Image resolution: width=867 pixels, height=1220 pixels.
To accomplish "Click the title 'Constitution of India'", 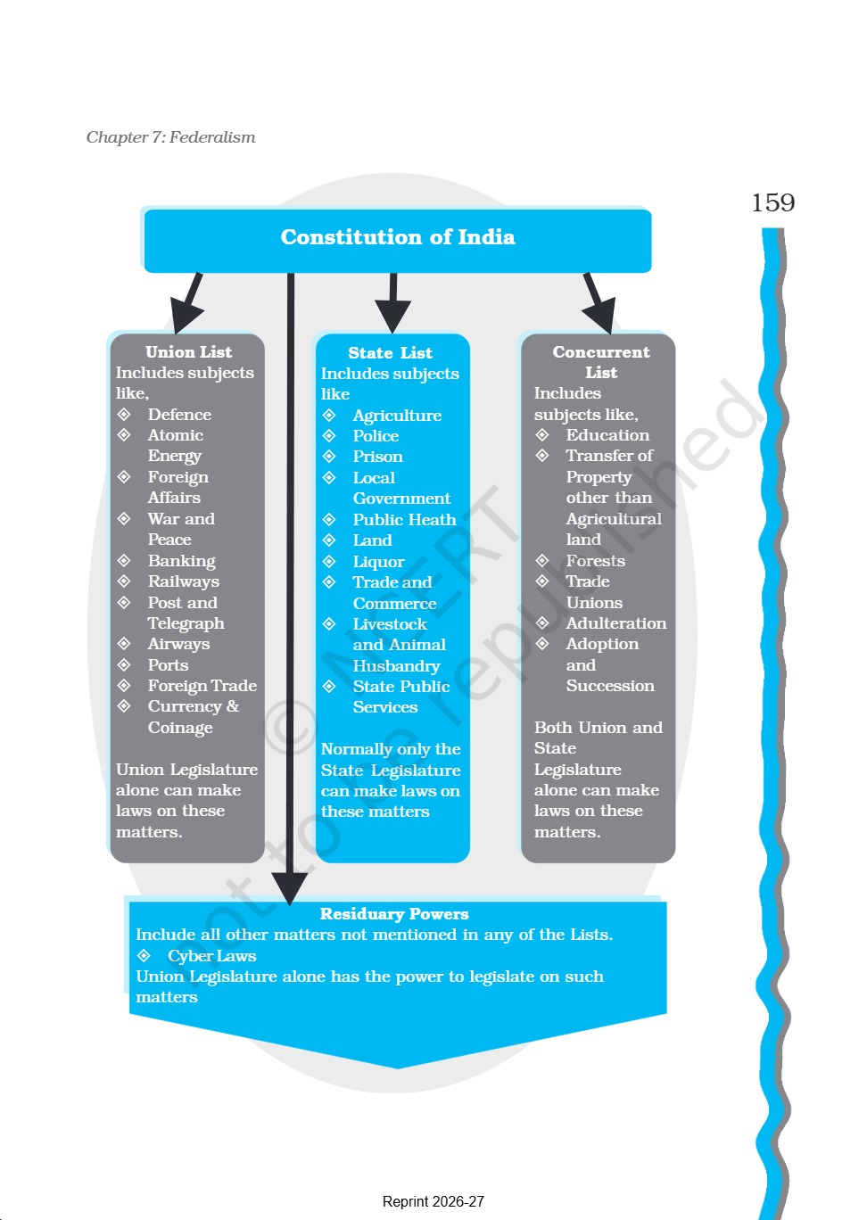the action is pyautogui.click(x=398, y=237).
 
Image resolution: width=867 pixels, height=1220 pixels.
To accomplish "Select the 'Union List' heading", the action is pyautogui.click(x=188, y=352).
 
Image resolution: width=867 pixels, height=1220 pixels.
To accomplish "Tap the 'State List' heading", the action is pyautogui.click(x=391, y=353).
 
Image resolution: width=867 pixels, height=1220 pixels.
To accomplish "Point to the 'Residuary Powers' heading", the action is pyautogui.click(x=394, y=913).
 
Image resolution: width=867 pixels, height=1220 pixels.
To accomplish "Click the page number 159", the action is pyautogui.click(x=772, y=202).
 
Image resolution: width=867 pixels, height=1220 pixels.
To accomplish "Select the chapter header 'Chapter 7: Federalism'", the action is pyautogui.click(x=170, y=137).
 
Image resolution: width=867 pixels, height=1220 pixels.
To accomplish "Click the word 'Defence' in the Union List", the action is pyautogui.click(x=179, y=415).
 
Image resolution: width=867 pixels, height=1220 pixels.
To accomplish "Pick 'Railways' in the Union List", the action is pyautogui.click(x=184, y=581).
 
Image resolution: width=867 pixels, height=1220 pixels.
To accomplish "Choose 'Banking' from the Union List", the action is pyautogui.click(x=181, y=561).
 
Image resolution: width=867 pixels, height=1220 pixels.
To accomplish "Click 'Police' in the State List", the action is pyautogui.click(x=376, y=436).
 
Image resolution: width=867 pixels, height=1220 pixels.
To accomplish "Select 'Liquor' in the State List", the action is pyautogui.click(x=378, y=562).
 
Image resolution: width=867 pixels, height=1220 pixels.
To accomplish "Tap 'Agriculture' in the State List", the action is pyautogui.click(x=397, y=416).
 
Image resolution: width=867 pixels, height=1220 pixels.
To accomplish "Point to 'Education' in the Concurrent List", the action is pyautogui.click(x=607, y=434).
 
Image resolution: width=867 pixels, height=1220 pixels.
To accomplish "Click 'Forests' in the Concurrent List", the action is pyautogui.click(x=595, y=560).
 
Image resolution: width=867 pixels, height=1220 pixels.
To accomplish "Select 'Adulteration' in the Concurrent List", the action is pyautogui.click(x=616, y=623).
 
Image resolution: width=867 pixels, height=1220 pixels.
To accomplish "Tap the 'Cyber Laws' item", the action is pyautogui.click(x=212, y=956).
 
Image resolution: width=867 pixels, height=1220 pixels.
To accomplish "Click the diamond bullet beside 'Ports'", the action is pyautogui.click(x=124, y=665).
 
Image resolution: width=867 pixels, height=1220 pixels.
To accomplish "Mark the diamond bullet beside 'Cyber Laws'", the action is pyautogui.click(x=144, y=955).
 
